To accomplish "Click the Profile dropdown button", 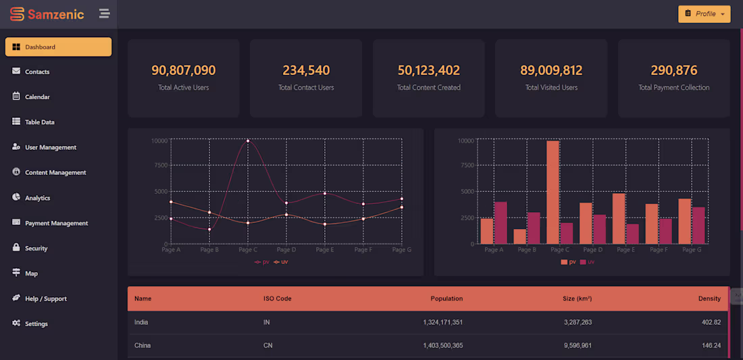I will (704, 14).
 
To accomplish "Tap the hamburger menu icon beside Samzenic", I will (104, 14).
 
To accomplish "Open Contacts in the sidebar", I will (37, 72).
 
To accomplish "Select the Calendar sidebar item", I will (37, 97).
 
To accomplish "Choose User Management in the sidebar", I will (50, 147).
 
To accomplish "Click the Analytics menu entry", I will (37, 198).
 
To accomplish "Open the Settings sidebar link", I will (36, 324).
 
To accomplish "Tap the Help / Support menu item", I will (45, 299).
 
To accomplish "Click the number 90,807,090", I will (184, 70).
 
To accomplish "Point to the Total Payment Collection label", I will (673, 87).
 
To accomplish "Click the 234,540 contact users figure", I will (306, 70).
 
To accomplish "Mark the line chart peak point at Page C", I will (248, 140).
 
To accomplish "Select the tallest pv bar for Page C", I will (553, 192).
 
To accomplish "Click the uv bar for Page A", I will (501, 222).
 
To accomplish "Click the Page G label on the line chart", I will (401, 250).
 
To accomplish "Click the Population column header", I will (446, 299).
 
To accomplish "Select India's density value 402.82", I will (711, 322).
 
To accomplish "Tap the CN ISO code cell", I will (268, 345).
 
